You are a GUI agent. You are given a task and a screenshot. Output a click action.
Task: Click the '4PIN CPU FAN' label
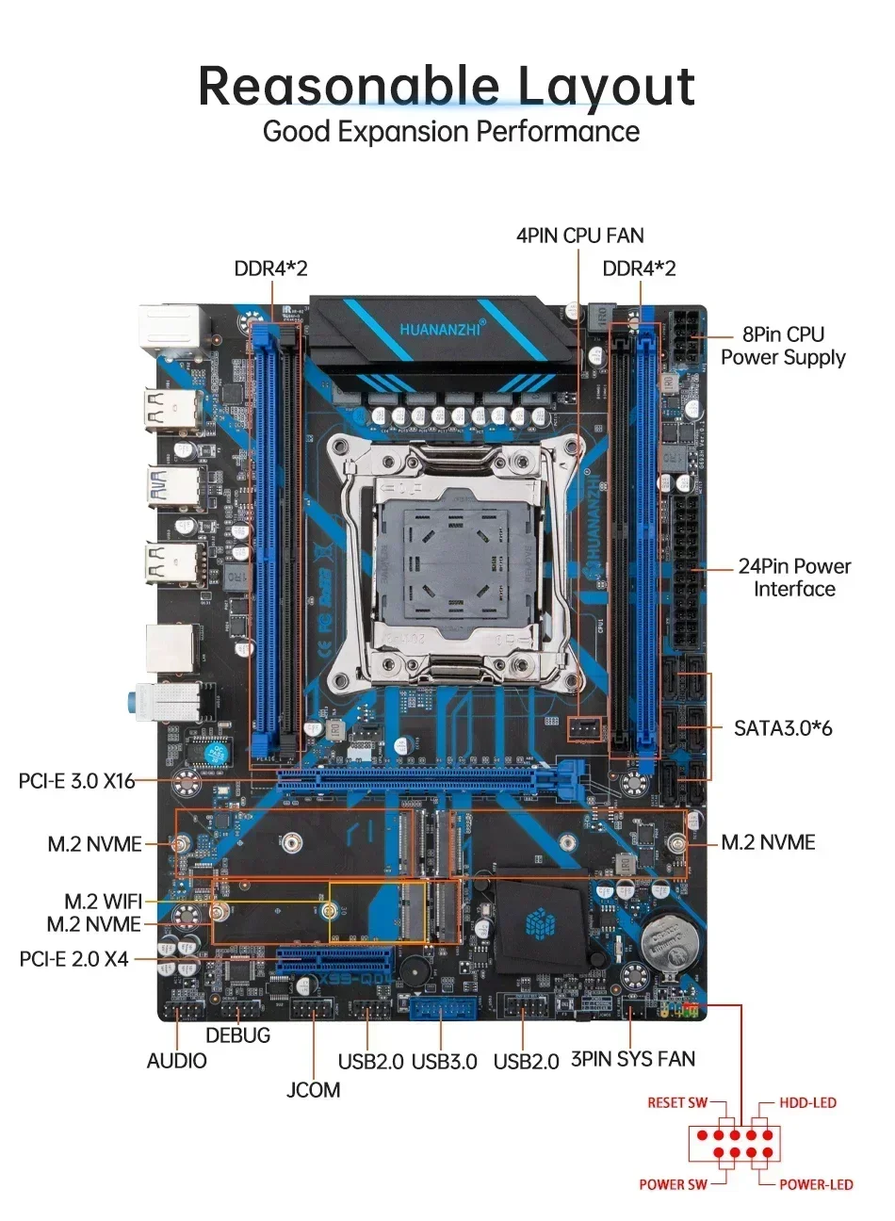click(579, 236)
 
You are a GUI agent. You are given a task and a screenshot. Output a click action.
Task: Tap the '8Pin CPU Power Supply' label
click(783, 346)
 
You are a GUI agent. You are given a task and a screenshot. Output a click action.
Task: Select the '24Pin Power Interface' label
click(793, 578)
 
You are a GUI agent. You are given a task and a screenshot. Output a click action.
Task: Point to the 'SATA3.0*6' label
click(783, 728)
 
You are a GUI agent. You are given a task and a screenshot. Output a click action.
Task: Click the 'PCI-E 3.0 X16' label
click(77, 781)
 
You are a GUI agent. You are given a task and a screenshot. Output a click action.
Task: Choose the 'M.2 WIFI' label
click(103, 902)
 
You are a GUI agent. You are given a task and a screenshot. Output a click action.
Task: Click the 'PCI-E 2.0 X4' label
click(73, 959)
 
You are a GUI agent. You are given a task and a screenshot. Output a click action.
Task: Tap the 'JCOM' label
click(314, 1090)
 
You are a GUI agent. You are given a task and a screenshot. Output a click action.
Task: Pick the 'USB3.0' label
click(445, 1062)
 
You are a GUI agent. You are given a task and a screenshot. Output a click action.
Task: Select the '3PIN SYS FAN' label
click(633, 1059)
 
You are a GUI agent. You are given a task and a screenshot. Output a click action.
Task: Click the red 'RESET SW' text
click(676, 1103)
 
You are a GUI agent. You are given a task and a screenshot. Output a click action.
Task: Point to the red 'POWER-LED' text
click(816, 1185)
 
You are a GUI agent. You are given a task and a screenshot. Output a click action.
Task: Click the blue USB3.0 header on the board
click(445, 1009)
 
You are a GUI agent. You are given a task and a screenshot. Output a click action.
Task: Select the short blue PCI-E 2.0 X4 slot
click(334, 962)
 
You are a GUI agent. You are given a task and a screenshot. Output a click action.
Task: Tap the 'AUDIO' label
click(176, 1062)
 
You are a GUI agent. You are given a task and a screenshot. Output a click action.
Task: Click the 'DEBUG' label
click(237, 1035)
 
